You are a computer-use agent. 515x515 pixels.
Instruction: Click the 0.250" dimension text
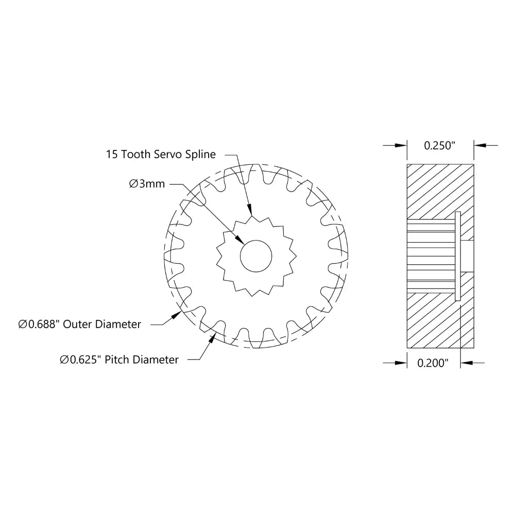click(x=440, y=146)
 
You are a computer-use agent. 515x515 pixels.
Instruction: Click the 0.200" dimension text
click(x=433, y=363)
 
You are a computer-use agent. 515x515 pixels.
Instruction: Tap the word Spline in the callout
click(x=200, y=154)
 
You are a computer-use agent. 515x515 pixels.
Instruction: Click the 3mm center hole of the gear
click(x=256, y=255)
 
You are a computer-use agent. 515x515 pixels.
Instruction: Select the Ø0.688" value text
click(x=39, y=324)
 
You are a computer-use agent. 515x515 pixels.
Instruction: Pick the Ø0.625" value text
click(x=81, y=359)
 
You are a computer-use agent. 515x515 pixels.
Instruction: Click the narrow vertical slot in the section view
click(x=457, y=255)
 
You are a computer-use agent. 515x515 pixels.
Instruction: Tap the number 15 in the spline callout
click(x=112, y=154)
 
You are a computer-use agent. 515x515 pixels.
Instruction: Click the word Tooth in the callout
click(x=135, y=154)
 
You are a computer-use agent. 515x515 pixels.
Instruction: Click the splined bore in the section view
click(x=430, y=255)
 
